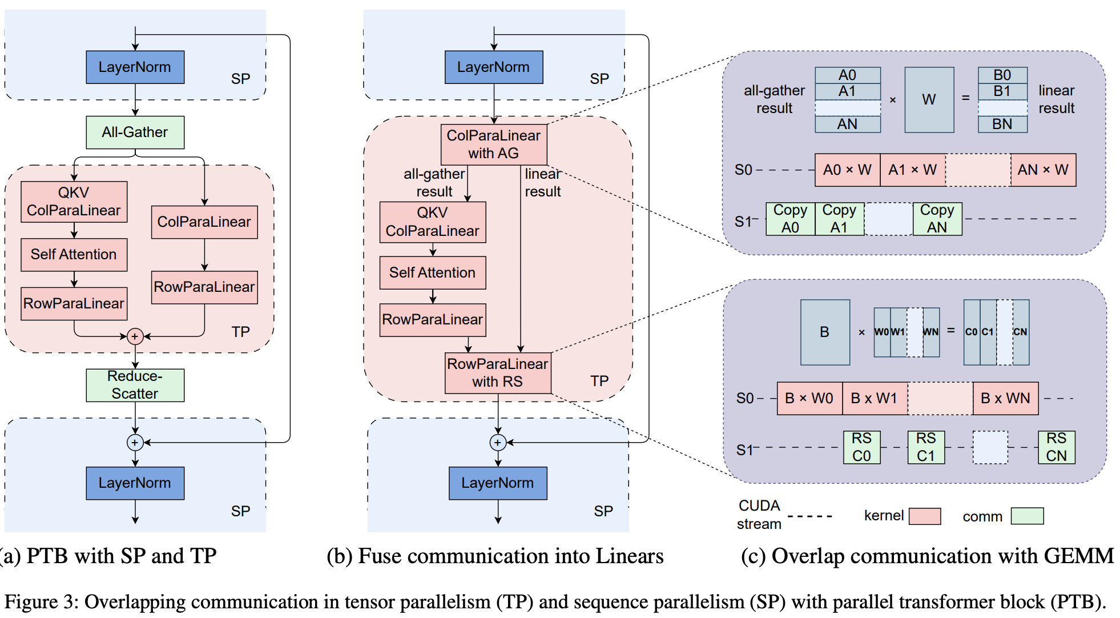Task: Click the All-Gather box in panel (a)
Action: [x=135, y=133]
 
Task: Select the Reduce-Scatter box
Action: [x=135, y=385]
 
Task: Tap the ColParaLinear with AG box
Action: [x=494, y=145]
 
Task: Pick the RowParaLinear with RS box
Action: [x=498, y=373]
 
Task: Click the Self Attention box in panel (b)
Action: [x=433, y=273]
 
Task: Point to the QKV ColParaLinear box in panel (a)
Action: [x=74, y=202]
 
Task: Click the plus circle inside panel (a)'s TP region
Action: [x=135, y=336]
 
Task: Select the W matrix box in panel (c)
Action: [x=929, y=100]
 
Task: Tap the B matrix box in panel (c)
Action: [x=824, y=332]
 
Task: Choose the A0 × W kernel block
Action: [x=847, y=170]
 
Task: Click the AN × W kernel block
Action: [x=1043, y=170]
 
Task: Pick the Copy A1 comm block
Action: [x=839, y=219]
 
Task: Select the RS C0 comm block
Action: [x=861, y=447]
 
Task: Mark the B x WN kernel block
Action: [x=1005, y=398]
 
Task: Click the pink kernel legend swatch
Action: [x=924, y=516]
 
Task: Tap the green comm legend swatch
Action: [x=1027, y=516]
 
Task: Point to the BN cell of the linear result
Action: [x=1002, y=125]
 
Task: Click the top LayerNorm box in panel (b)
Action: [x=494, y=67]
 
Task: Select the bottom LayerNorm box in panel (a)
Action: [x=135, y=483]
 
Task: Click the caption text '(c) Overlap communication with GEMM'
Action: [x=927, y=556]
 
